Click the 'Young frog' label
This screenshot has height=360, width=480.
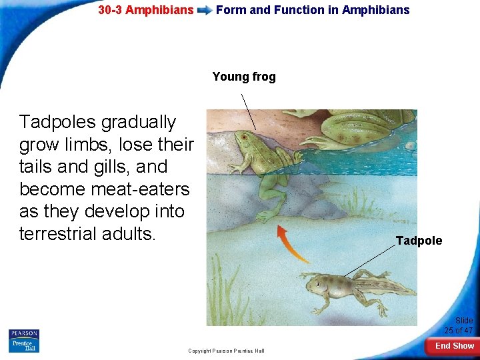244,77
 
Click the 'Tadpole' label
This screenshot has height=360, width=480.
419,241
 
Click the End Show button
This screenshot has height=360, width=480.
454,345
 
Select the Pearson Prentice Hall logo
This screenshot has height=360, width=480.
24,341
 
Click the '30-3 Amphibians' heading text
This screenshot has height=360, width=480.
146,10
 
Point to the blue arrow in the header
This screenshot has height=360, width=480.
205,11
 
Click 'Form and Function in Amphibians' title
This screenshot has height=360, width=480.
313,10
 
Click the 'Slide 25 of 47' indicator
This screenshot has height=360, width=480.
458,325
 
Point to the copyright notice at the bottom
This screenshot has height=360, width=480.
226,351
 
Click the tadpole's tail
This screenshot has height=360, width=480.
387,287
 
